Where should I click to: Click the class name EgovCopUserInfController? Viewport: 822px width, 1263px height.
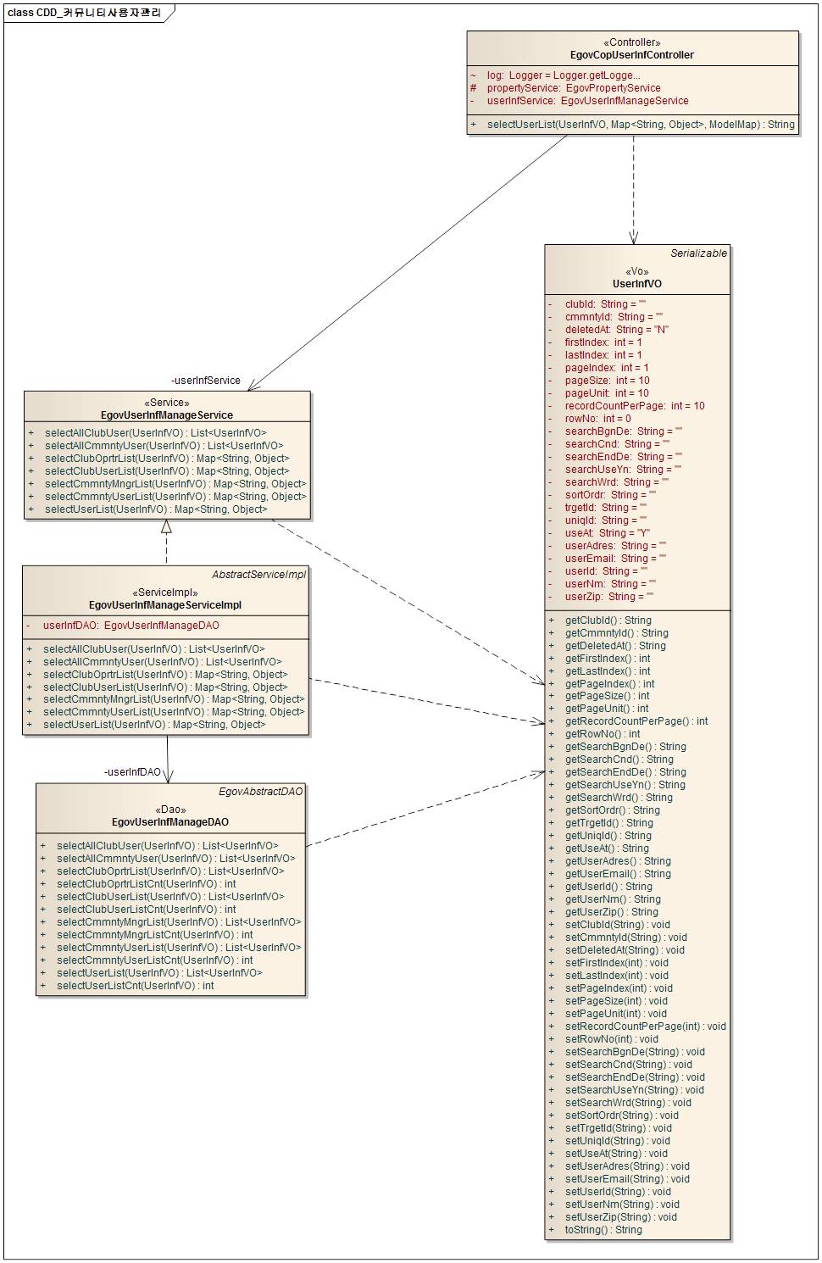(x=632, y=55)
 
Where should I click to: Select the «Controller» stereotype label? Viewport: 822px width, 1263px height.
(x=632, y=42)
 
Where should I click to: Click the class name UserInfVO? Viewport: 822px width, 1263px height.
(x=637, y=284)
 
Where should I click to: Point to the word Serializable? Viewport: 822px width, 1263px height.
(x=698, y=253)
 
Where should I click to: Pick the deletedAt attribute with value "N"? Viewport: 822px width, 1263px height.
(x=616, y=330)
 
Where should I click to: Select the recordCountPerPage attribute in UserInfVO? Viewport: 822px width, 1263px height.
(x=634, y=406)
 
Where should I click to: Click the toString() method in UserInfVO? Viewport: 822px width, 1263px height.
(x=603, y=1230)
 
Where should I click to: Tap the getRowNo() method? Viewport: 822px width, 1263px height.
(x=602, y=734)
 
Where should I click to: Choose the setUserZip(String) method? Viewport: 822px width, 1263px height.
(x=620, y=1217)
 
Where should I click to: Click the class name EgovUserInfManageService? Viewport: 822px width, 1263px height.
(x=167, y=415)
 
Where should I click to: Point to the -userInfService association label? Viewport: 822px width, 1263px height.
(x=205, y=381)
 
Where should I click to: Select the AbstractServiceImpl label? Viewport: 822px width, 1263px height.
(x=258, y=575)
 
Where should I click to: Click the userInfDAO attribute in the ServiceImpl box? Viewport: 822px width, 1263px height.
(x=131, y=626)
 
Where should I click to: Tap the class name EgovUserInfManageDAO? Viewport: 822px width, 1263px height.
(x=170, y=822)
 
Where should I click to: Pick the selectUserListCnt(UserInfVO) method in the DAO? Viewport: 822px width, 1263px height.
(x=135, y=986)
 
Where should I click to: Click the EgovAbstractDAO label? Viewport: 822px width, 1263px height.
(x=260, y=792)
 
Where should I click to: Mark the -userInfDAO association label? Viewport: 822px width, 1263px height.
(x=132, y=772)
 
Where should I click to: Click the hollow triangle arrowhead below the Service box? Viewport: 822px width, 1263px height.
(x=167, y=526)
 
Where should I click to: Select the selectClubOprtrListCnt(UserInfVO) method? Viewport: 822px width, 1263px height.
(x=146, y=884)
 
